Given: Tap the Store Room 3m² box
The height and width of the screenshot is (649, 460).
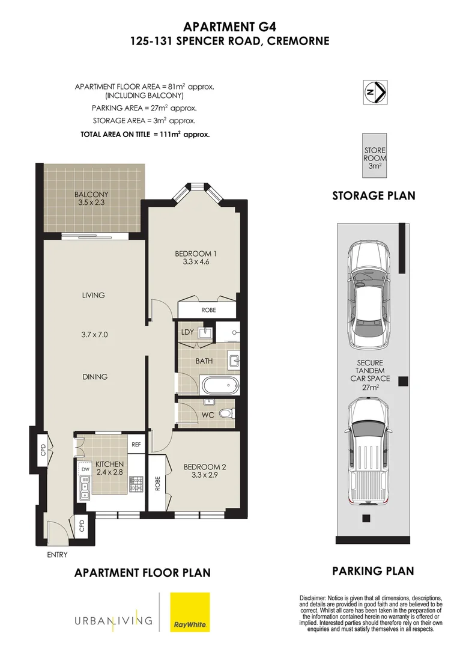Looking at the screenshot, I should [x=375, y=156].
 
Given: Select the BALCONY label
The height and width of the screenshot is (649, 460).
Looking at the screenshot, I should [x=91, y=198].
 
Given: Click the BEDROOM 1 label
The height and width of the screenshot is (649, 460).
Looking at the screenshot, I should [x=191, y=257].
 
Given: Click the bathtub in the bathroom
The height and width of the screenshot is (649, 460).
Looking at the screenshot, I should [x=220, y=385].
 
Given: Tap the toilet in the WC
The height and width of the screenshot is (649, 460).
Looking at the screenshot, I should [x=226, y=414].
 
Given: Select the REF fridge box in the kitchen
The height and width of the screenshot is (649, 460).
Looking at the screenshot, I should [x=137, y=444].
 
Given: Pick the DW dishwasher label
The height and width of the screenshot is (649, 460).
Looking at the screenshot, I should [x=85, y=468].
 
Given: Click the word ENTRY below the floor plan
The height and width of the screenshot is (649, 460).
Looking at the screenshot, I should [x=57, y=555].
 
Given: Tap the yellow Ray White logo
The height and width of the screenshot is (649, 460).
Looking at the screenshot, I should [x=190, y=612].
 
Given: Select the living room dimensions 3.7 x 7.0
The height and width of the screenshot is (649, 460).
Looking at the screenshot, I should [x=94, y=335].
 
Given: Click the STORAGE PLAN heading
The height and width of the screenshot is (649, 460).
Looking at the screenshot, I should [x=374, y=196].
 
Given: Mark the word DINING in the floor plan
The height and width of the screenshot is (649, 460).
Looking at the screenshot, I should [x=94, y=377].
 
